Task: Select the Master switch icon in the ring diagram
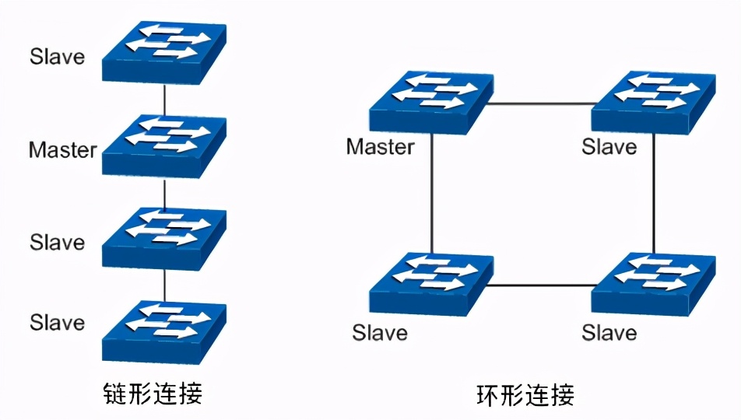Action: point(430,102)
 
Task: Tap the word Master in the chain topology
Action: point(63,149)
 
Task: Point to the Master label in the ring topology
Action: point(381,146)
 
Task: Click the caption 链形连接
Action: point(153,393)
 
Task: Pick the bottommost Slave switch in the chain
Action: point(164,331)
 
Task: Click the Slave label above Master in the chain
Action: point(57,57)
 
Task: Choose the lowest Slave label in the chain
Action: point(57,321)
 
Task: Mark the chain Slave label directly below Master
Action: point(57,242)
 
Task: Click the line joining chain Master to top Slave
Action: point(164,100)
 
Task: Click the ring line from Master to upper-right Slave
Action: point(542,103)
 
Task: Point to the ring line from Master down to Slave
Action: point(430,194)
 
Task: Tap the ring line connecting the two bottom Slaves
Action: point(542,285)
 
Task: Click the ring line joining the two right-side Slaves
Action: point(653,194)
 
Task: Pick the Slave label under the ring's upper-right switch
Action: point(609,146)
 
